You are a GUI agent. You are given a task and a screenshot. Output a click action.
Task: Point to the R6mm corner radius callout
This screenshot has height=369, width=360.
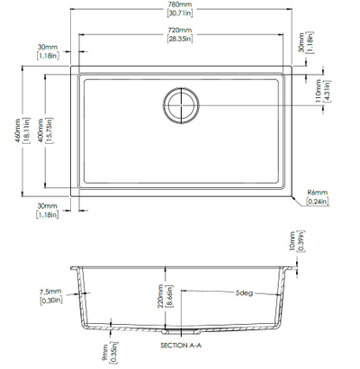[315, 193]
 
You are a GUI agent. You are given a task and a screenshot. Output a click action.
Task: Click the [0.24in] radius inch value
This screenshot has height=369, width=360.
[316, 202]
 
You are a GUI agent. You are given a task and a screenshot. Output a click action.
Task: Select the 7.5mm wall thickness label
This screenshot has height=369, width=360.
[50, 292]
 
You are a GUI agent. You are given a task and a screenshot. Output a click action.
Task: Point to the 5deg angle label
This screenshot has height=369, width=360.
[243, 293]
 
